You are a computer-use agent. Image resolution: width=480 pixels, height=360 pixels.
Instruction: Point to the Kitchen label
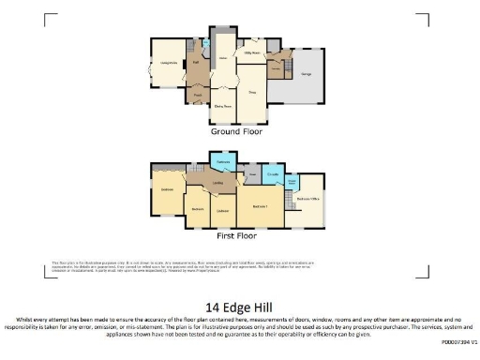point(223,58)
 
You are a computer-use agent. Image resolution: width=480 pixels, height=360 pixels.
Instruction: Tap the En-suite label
point(274,174)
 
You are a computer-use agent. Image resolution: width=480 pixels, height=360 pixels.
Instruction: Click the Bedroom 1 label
point(261,205)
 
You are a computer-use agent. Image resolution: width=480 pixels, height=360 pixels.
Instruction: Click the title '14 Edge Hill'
point(240,306)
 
